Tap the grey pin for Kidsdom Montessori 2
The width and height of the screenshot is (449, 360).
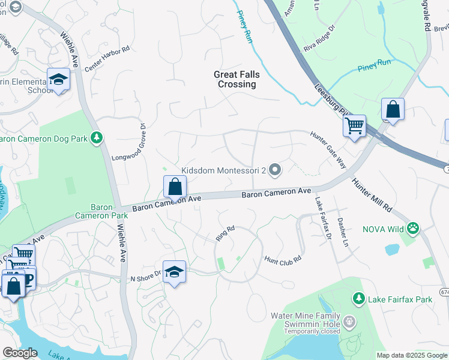click(x=275, y=171)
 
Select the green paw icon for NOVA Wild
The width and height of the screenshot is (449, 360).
click(x=412, y=229)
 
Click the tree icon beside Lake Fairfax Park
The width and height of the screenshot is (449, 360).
click(x=358, y=298)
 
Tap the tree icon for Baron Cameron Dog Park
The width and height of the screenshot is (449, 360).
click(x=95, y=139)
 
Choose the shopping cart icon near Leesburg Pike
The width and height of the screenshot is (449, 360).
click(x=354, y=126)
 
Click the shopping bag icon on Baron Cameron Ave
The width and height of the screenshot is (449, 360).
click(x=175, y=187)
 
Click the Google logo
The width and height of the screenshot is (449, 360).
click(x=20, y=353)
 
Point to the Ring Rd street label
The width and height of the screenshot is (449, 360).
click(x=225, y=233)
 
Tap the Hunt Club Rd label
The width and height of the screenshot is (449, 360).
click(x=282, y=259)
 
